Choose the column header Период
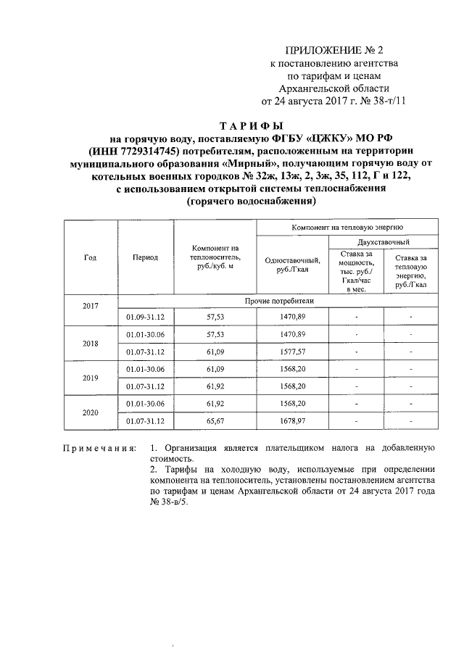tap(145, 257)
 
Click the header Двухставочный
tap(384, 241)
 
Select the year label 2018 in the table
tap(91, 343)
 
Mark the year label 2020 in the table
tap(91, 411)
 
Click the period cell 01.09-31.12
tap(146, 317)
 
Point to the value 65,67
tap(215, 420)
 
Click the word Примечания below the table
tap(99, 449)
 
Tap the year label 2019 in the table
tap(91, 377)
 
